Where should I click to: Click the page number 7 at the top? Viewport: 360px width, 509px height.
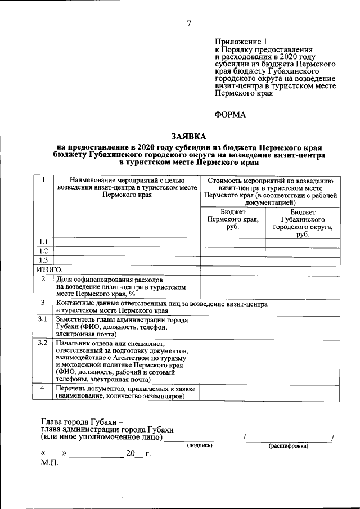pos(189,23)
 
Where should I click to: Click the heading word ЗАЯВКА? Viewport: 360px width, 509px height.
pos(189,136)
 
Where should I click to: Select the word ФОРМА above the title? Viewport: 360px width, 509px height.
pos(231,115)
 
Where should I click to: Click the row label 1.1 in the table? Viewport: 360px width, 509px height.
pos(43,242)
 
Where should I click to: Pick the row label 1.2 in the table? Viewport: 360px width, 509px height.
pos(43,251)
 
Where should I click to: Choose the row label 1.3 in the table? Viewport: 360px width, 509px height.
pos(43,261)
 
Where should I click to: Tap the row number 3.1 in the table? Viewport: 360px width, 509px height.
pos(42,319)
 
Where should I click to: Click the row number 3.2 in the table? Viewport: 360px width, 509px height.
pos(42,343)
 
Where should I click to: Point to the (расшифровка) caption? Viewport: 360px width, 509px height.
pos(289,445)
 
